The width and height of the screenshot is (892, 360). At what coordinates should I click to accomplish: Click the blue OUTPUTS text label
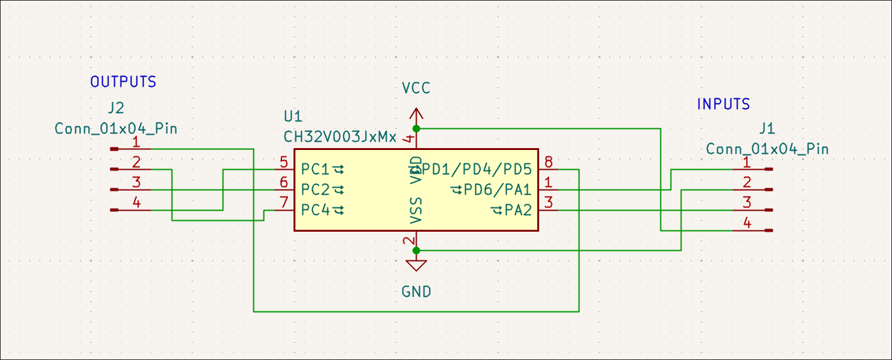pos(123,82)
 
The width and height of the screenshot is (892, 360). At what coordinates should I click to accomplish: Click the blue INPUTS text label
pos(724,104)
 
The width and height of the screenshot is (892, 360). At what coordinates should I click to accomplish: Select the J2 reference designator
pos(116,107)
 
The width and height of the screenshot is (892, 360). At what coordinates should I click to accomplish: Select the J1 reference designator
pos(768,128)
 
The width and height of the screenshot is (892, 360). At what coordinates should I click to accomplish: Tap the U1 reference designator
pos(293,117)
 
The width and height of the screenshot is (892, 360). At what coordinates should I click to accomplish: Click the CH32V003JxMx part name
pos(340,137)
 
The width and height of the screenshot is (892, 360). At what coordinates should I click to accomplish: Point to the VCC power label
pos(416,88)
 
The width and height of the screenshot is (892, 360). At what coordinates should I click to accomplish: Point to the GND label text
pos(416,292)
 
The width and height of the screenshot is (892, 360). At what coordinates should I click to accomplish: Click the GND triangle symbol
pos(416,265)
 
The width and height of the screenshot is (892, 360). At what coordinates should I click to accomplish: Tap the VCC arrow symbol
pos(416,115)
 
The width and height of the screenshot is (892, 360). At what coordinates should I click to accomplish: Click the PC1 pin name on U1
pos(315,170)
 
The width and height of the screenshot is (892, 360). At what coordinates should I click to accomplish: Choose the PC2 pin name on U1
pos(315,190)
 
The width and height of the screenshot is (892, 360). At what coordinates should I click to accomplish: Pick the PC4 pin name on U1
pos(315,210)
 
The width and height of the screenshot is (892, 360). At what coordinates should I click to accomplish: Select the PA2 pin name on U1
pos(518,210)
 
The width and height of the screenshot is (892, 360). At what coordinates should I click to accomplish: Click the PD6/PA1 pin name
pos(498,190)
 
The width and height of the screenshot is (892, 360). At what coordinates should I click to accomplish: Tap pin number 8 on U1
pos(548,162)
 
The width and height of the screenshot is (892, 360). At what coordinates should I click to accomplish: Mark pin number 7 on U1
pos(284,203)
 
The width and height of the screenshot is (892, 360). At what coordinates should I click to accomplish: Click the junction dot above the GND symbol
pos(416,250)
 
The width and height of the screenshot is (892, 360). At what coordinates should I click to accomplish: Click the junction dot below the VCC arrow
pos(416,128)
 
